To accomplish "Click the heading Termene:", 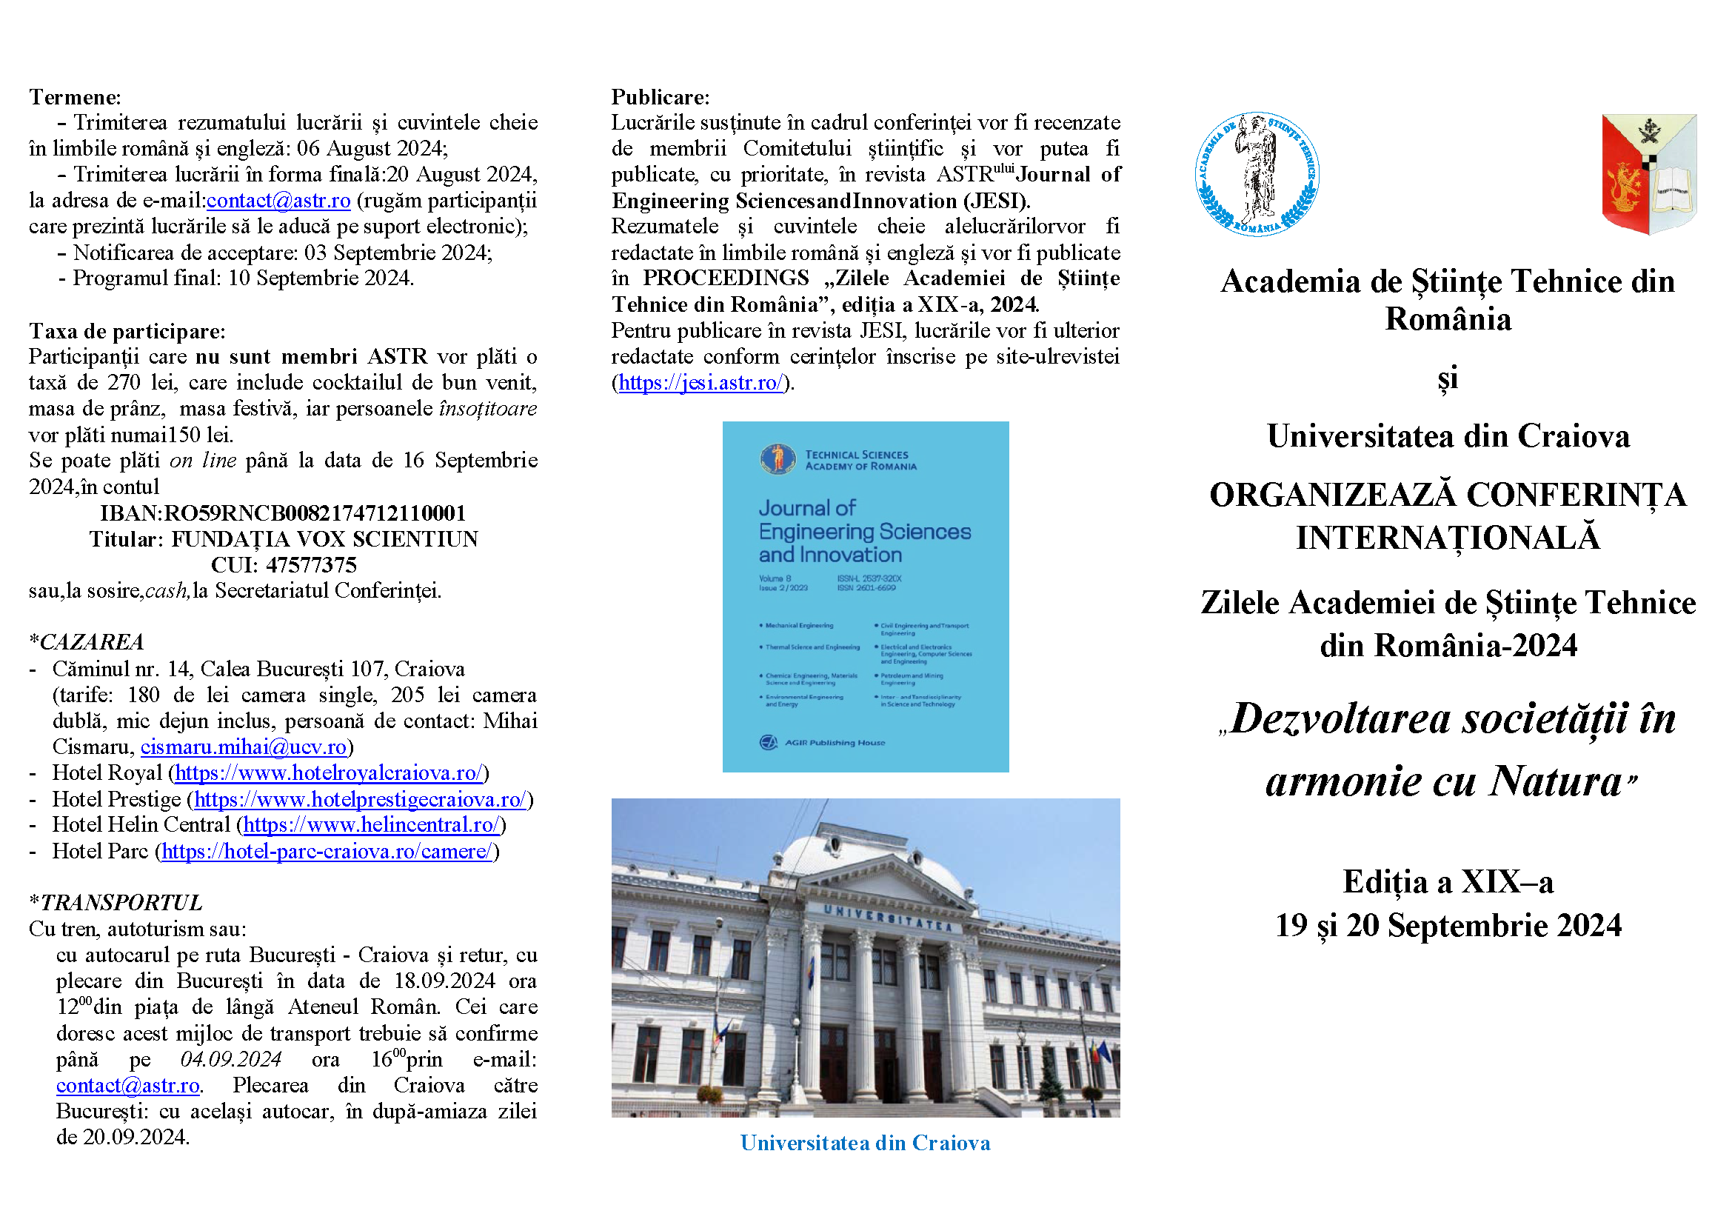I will pyautogui.click(x=75, y=97).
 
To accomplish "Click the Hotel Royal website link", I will pyautogui.click(x=328, y=773).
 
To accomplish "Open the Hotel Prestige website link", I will pyautogui.click(x=360, y=800).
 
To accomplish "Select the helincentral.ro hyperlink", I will pyautogui.click(x=371, y=825).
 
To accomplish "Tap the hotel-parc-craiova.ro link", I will pyautogui.click(x=327, y=852).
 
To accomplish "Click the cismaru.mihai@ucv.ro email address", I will pyautogui.click(x=243, y=747).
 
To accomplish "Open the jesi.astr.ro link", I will pyautogui.click(x=701, y=383).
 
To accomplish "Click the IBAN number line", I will pyautogui.click(x=283, y=514).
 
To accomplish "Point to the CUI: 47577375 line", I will pyautogui.click(x=283, y=566).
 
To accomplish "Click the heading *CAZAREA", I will pyautogui.click(x=86, y=643).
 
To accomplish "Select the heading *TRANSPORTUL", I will pyautogui.click(x=116, y=903).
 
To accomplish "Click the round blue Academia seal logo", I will pyautogui.click(x=1257, y=174).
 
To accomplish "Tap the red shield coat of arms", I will pyautogui.click(x=1649, y=173).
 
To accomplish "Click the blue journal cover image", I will pyautogui.click(x=865, y=597).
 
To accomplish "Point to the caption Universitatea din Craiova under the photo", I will pyautogui.click(x=865, y=1144).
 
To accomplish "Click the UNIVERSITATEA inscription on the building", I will pyautogui.click(x=888, y=918).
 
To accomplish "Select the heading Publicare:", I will pyautogui.click(x=660, y=97).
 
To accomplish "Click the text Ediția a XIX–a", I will pyautogui.click(x=1448, y=883).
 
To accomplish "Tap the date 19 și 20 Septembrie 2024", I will pyautogui.click(x=1448, y=927).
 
